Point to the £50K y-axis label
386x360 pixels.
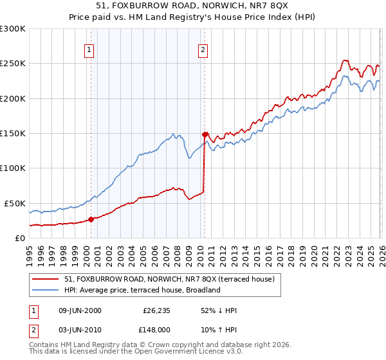coord(15,203)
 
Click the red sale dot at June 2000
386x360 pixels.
coord(91,219)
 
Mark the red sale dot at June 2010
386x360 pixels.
coord(205,134)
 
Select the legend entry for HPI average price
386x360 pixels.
coord(142,290)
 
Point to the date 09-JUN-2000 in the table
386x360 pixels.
coord(80,310)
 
